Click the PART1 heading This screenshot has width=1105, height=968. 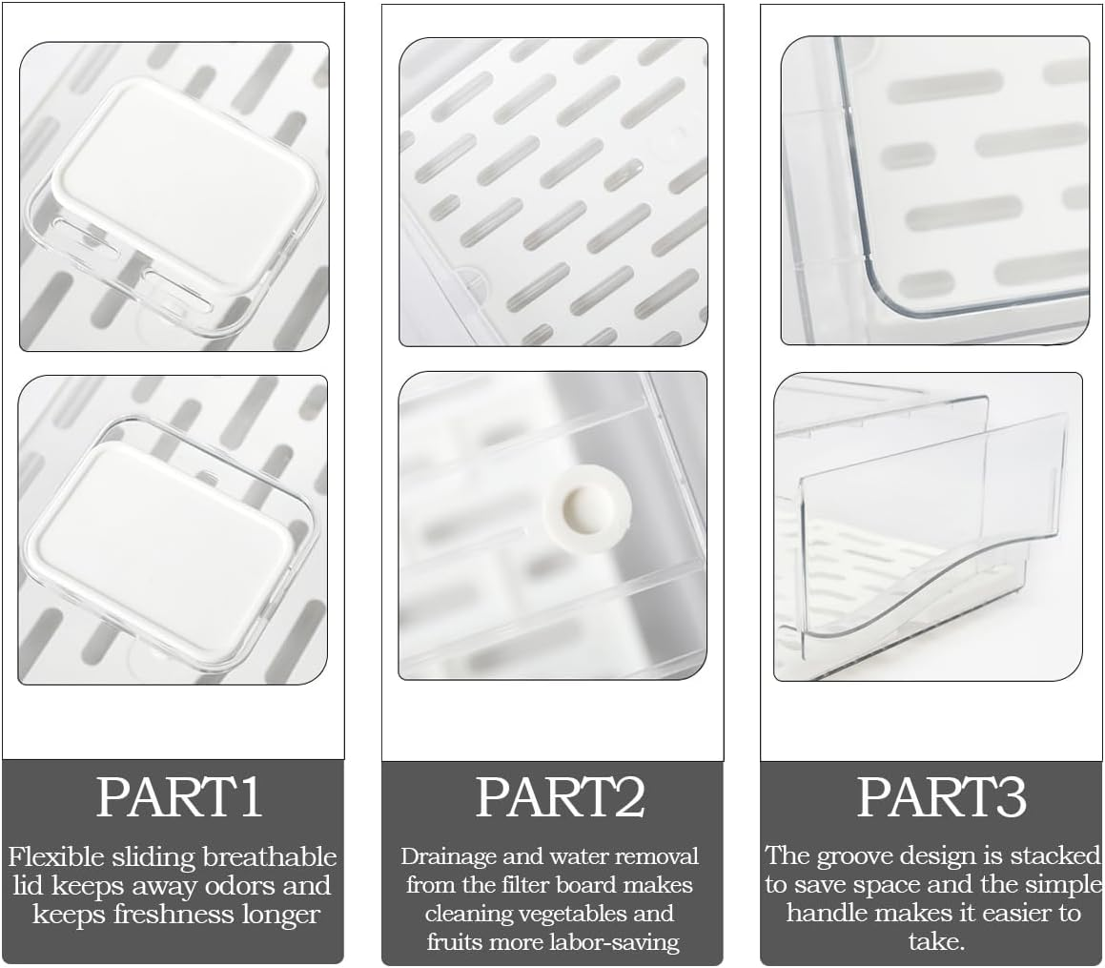point(179,797)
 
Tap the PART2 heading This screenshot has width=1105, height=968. point(561,797)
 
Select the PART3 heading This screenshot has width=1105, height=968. point(942,796)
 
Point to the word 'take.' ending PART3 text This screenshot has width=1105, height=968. point(936,941)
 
